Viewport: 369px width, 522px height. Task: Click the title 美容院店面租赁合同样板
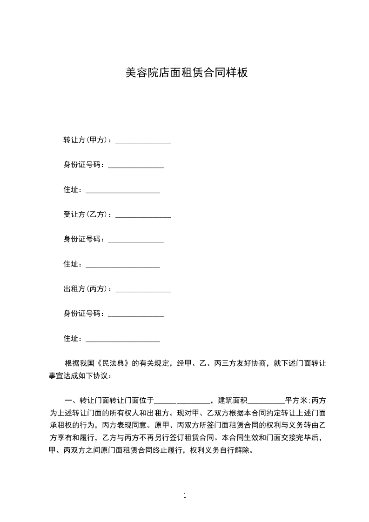click(186, 73)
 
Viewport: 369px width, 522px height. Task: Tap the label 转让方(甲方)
click(87, 140)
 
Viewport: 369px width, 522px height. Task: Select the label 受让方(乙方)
click(87, 214)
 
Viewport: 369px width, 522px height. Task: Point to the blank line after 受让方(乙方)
click(143, 216)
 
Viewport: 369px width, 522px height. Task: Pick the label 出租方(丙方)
click(87, 289)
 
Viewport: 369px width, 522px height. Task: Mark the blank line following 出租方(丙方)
click(143, 291)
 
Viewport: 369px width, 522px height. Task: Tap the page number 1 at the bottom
click(185, 495)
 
